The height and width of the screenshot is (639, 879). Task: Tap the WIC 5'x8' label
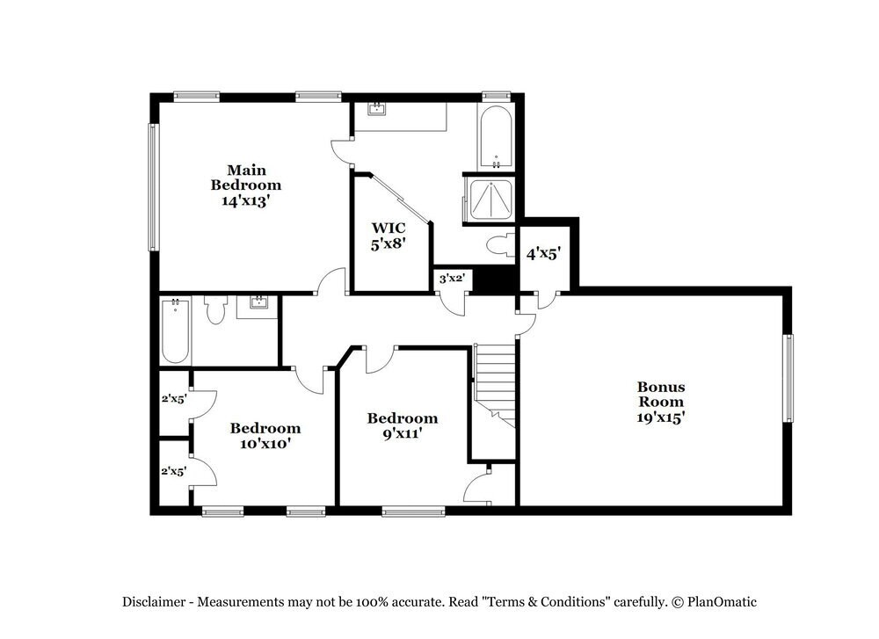(387, 236)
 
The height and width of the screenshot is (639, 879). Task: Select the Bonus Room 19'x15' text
(660, 403)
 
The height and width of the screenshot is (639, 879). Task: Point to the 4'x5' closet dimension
(543, 254)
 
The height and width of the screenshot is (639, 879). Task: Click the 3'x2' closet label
(451, 279)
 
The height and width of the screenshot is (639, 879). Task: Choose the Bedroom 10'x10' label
(265, 436)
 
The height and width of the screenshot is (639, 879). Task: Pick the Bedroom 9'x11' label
(402, 426)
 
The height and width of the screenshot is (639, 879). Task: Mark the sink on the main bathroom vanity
(377, 110)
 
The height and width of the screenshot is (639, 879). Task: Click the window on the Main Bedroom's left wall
(153, 186)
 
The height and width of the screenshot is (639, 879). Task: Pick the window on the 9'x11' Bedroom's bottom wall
(413, 510)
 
